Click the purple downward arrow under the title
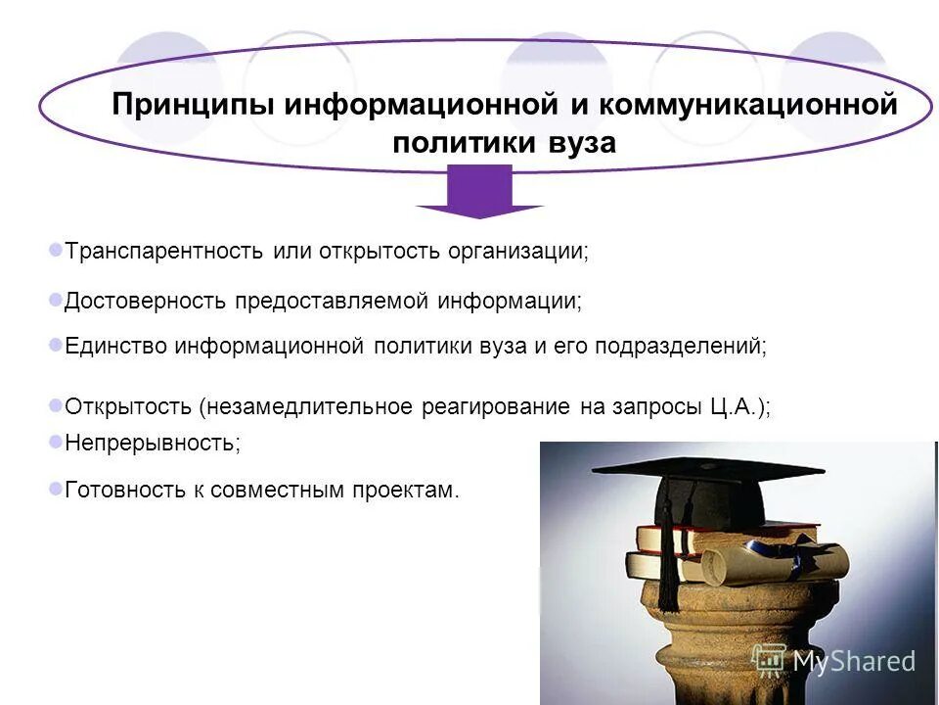(x=479, y=192)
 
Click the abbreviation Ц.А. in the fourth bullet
(x=734, y=406)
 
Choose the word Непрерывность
(x=152, y=443)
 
